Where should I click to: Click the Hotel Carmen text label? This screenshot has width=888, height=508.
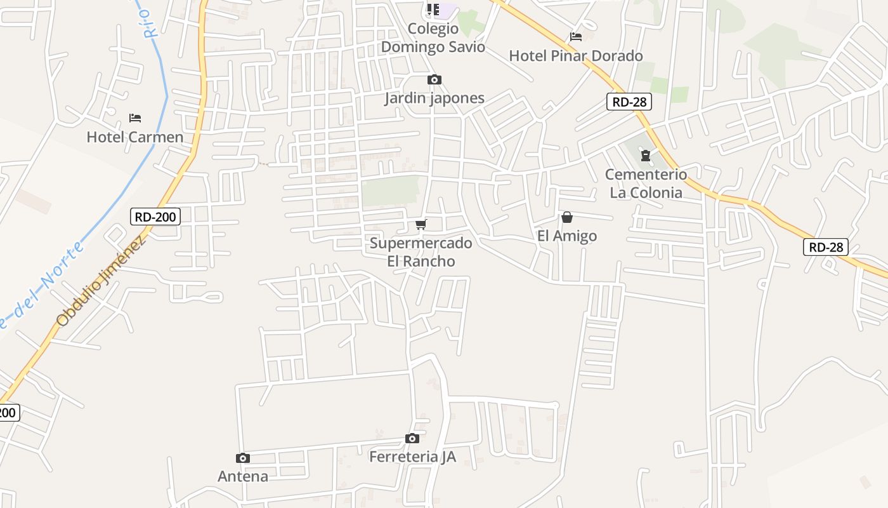[x=134, y=137]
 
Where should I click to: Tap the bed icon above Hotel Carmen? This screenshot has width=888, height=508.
[x=134, y=118]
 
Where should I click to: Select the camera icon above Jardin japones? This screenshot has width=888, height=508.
[x=434, y=79]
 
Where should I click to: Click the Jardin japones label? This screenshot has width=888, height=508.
[x=434, y=98]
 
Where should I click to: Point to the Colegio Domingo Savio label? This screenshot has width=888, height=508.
[x=433, y=38]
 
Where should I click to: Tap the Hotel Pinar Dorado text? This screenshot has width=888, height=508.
[x=576, y=56]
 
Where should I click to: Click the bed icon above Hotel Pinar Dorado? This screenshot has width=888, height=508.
[x=576, y=37]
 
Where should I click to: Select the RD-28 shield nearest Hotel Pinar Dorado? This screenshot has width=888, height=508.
[x=629, y=102]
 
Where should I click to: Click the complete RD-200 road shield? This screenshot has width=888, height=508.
[x=155, y=217]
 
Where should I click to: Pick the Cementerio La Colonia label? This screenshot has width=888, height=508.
[x=646, y=184]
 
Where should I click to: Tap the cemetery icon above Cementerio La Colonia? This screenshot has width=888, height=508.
[x=646, y=156]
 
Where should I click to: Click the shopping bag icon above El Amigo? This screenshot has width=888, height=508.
[x=567, y=217]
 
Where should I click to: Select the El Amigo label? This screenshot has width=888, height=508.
[x=567, y=236]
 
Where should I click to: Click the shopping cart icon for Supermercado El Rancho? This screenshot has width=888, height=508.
[x=421, y=224]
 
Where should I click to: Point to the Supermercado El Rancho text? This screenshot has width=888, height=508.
[x=421, y=252]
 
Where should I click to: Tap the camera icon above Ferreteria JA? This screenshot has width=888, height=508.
[x=412, y=438]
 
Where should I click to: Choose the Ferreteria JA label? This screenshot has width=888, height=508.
[x=412, y=457]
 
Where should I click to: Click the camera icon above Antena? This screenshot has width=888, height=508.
[x=242, y=458]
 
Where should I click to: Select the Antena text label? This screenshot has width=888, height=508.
[x=242, y=476]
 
